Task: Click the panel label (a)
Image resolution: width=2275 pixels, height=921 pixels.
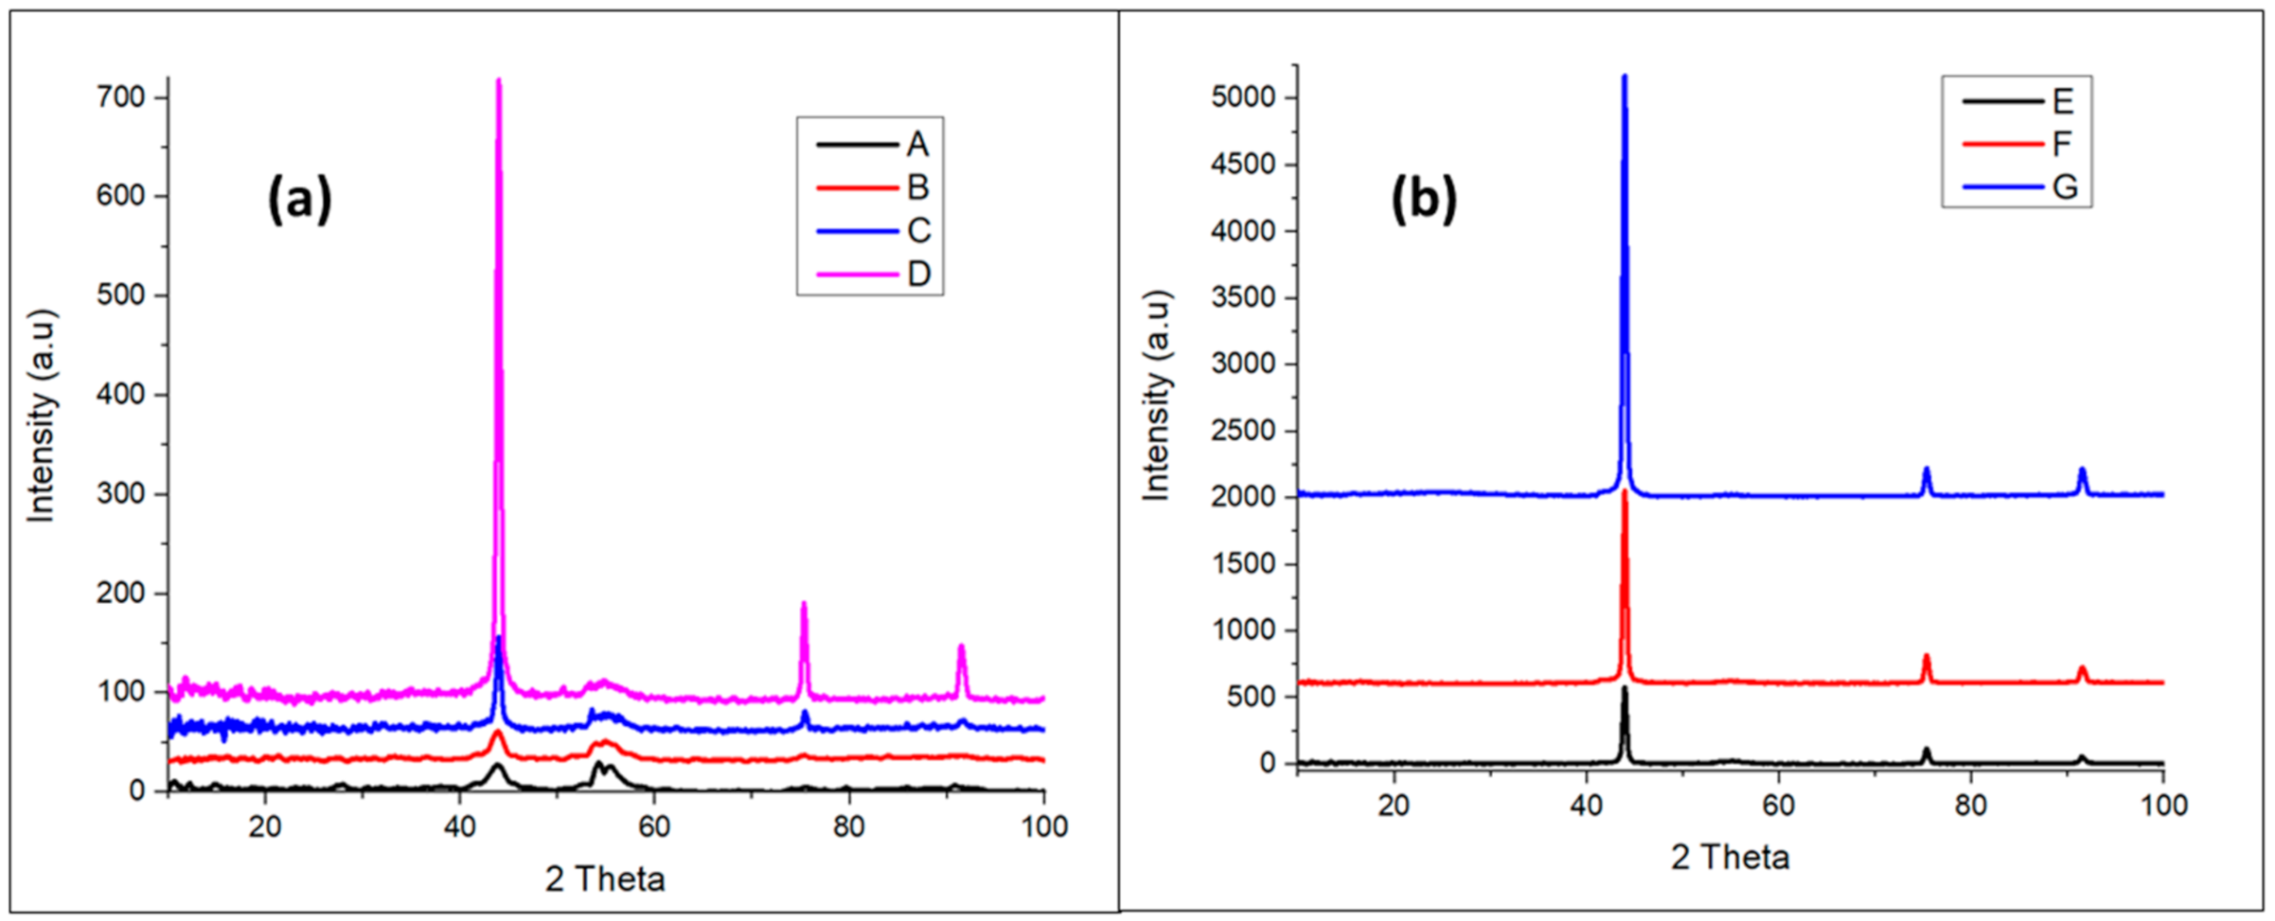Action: click(299, 198)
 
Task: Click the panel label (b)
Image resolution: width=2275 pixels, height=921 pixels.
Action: click(1423, 198)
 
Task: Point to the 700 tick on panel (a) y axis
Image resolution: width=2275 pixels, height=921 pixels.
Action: click(121, 97)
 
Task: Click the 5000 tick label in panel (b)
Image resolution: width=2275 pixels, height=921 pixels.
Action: click(1243, 98)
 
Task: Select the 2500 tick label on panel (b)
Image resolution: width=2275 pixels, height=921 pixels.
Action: click(1243, 430)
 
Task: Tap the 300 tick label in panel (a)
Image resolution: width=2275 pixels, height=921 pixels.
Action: click(121, 494)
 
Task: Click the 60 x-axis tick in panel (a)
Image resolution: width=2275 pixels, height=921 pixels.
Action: click(654, 826)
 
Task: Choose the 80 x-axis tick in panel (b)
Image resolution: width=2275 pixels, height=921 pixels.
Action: click(1970, 806)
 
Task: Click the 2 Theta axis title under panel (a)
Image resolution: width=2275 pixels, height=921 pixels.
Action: click(605, 880)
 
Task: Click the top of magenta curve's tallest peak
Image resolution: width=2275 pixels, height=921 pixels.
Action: click(498, 81)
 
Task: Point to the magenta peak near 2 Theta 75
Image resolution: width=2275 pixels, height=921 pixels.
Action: click(804, 604)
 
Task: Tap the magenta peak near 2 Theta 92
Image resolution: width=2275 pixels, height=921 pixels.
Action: click(961, 646)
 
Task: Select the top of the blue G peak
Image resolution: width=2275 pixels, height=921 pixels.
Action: click(1624, 77)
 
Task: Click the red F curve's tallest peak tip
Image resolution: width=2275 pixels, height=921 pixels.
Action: click(1624, 491)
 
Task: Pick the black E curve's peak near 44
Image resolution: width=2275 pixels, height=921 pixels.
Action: click(1624, 688)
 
